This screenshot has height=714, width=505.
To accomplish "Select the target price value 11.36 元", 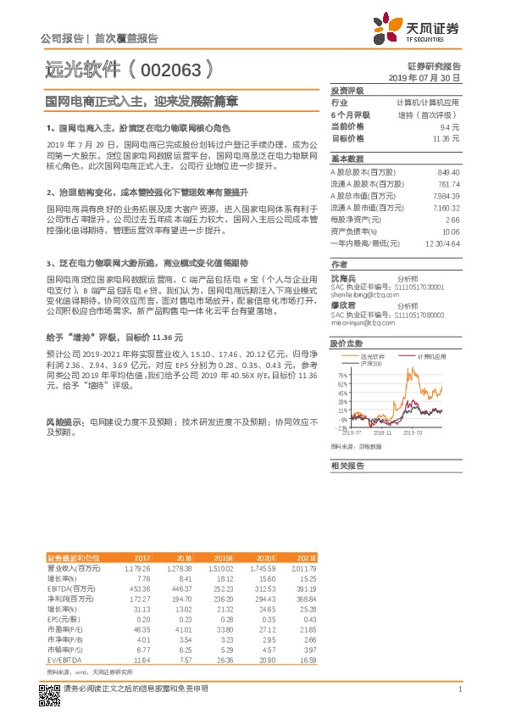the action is (x=446, y=138).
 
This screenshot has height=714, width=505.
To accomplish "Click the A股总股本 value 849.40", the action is (x=446, y=172).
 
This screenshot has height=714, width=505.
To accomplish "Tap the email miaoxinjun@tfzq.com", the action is (x=361, y=323).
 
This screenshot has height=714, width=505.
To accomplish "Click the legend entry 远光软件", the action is (x=378, y=358).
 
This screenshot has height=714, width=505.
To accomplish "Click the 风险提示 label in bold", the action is (x=64, y=421).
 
